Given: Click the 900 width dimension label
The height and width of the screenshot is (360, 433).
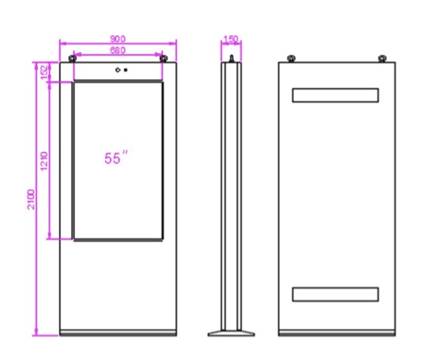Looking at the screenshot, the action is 118,39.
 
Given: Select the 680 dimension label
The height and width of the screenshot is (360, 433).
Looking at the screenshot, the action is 118,50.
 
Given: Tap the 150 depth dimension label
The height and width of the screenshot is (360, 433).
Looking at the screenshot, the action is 231,39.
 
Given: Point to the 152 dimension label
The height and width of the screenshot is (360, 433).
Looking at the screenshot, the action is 44,72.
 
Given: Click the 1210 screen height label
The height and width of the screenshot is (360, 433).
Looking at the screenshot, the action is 44,162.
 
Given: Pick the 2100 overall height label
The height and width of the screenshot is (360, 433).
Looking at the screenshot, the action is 31,199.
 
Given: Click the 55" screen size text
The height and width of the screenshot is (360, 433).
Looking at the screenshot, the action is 117,158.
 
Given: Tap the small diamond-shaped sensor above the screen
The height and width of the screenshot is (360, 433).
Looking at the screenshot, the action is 118,70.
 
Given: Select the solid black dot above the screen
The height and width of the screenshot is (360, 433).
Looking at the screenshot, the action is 125,70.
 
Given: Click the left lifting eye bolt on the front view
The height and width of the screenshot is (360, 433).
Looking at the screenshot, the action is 72,58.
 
